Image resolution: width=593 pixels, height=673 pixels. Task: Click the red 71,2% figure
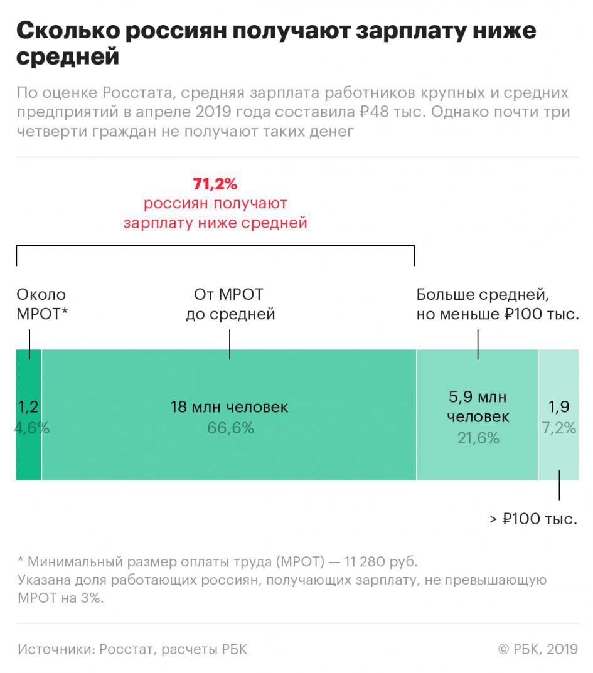point(215,184)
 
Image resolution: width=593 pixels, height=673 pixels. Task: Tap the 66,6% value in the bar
point(230,428)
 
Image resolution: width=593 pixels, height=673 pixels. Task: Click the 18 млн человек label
point(230,407)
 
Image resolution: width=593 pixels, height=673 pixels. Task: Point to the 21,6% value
point(478,438)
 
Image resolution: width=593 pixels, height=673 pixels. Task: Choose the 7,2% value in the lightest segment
point(559,428)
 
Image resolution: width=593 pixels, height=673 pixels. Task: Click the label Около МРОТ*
point(41,304)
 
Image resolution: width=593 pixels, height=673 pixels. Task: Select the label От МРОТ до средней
point(230,304)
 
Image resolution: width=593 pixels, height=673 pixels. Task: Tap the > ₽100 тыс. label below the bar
point(533,519)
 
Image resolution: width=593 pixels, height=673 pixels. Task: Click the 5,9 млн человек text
point(478,406)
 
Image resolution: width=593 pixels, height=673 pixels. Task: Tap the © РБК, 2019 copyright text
point(538,649)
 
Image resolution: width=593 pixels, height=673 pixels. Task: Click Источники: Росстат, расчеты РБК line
point(132,649)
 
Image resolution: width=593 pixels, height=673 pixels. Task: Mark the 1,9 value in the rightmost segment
point(559,407)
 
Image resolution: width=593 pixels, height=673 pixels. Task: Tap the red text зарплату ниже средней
point(215,223)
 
